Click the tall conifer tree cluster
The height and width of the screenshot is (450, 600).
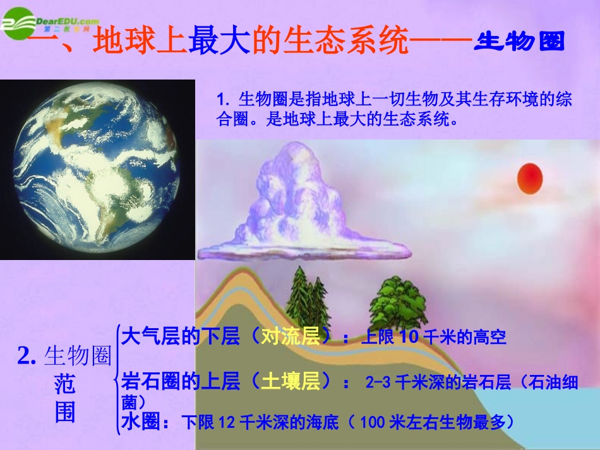pos(308,293)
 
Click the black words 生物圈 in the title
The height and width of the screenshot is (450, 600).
pos(519,43)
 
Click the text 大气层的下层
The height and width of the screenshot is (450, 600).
pos(181,336)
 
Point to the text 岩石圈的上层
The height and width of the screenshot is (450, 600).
pos(181,381)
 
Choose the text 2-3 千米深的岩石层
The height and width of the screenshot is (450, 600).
pos(438,382)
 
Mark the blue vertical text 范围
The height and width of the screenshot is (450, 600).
pos(64,398)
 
